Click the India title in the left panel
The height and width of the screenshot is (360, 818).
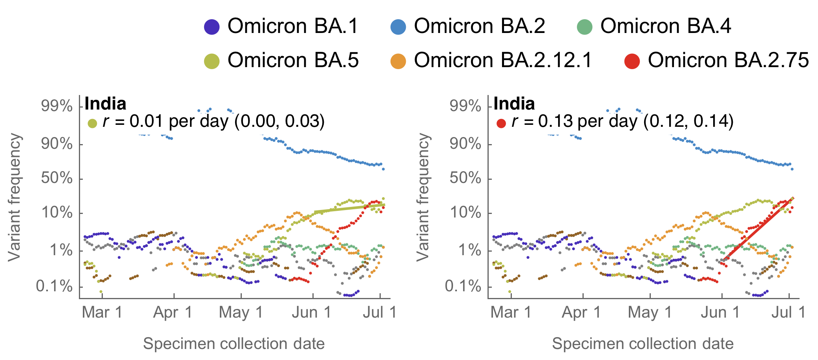(x=105, y=104)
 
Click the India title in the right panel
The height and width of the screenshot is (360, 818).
(x=514, y=104)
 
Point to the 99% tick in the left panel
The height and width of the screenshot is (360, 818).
(x=57, y=106)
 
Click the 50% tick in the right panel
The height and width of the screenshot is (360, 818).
(x=466, y=179)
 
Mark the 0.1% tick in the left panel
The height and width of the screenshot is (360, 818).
(x=55, y=287)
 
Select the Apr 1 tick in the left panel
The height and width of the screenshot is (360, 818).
(x=173, y=313)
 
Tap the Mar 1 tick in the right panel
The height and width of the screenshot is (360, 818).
(x=511, y=313)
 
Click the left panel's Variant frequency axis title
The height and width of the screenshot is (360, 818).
(x=15, y=197)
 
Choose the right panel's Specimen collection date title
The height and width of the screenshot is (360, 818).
(x=643, y=344)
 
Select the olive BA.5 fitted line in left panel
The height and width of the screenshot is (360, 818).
(x=349, y=208)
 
